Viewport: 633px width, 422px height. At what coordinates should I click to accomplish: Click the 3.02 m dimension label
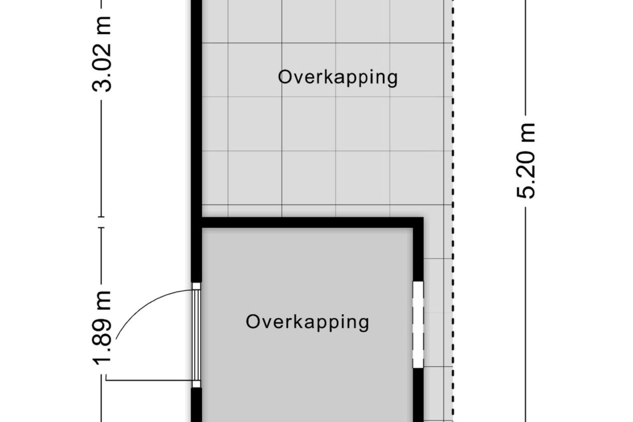point(102,54)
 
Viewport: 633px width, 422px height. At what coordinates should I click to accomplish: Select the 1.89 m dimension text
point(102,328)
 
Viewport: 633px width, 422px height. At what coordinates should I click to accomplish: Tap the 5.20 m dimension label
point(526,161)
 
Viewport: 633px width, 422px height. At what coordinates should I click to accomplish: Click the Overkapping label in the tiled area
point(338,77)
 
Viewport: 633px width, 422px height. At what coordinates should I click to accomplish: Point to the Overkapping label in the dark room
point(308,322)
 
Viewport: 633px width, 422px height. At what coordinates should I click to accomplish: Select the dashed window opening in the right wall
point(418,324)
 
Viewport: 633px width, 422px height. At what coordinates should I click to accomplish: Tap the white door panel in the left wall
point(197,335)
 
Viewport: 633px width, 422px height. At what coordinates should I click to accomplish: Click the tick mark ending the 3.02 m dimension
point(102,217)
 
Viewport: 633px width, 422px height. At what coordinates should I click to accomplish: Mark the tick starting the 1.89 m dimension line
point(102,227)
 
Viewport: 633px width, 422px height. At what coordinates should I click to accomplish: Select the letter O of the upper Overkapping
point(284,77)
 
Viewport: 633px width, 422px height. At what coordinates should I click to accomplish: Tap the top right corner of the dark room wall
point(423,217)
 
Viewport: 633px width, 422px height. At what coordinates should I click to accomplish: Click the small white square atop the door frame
point(197,286)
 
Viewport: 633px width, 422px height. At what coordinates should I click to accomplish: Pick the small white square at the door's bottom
point(197,384)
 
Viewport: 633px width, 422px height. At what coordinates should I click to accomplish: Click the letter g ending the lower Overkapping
point(364,324)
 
